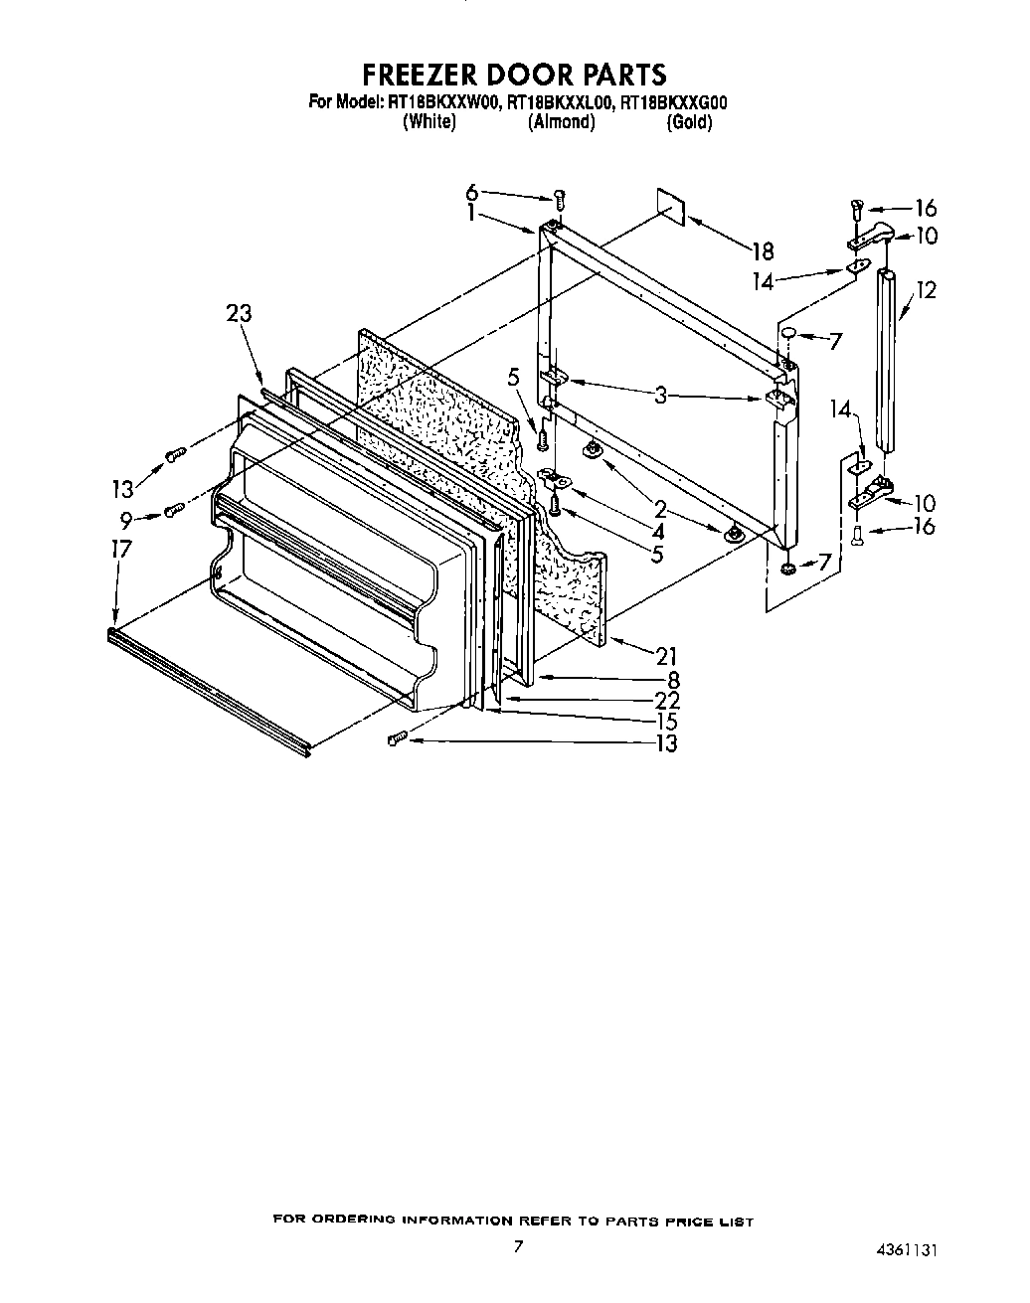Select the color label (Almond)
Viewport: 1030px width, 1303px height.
(562, 122)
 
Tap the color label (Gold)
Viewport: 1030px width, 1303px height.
(688, 122)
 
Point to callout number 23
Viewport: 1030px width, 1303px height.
(239, 314)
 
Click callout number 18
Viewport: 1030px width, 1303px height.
(762, 251)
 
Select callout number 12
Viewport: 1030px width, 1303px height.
(926, 290)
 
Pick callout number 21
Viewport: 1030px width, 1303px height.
(666, 655)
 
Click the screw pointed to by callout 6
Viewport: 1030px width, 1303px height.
(559, 199)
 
